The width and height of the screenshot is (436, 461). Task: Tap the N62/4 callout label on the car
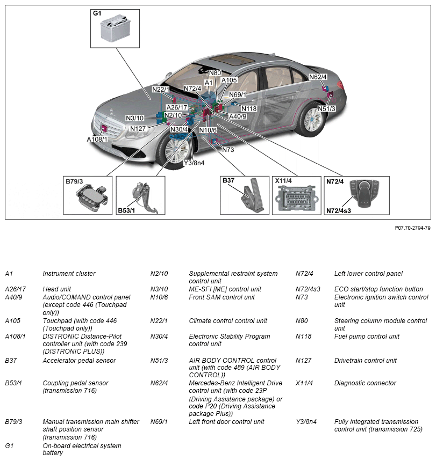[x=318, y=77]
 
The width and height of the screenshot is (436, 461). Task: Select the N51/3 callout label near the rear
[x=326, y=109]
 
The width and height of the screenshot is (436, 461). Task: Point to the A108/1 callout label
[x=97, y=139]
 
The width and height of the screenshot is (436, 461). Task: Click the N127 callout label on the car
[x=138, y=128]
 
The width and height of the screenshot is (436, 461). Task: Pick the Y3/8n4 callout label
[x=194, y=163]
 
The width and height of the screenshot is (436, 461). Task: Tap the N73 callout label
[x=227, y=150]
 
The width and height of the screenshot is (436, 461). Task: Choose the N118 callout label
[x=249, y=108]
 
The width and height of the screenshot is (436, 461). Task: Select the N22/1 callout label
[x=161, y=89]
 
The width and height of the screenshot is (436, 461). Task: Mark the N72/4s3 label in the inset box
[x=339, y=211]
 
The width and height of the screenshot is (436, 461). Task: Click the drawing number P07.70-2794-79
[x=412, y=228]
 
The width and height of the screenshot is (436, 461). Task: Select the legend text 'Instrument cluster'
[x=69, y=274]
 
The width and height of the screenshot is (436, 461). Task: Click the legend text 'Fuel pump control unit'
[x=367, y=336]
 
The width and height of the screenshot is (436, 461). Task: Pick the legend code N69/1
[x=159, y=422]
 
